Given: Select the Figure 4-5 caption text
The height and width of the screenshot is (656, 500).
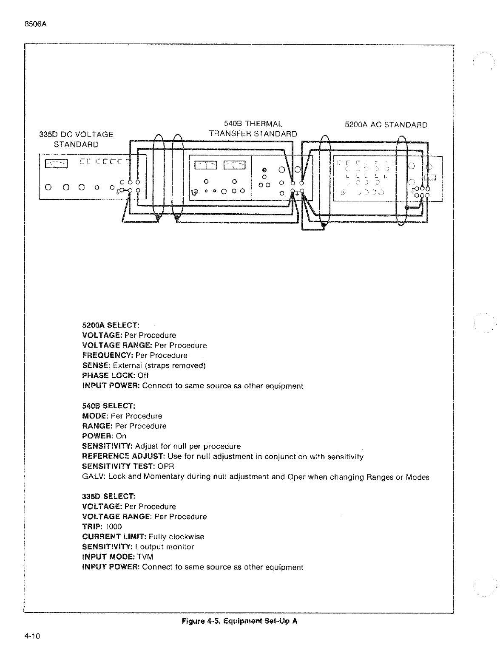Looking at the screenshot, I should [x=239, y=621].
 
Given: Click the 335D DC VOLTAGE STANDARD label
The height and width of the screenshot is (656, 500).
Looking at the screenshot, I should [x=76, y=139].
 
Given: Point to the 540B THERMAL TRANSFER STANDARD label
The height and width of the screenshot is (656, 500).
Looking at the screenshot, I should [x=253, y=129].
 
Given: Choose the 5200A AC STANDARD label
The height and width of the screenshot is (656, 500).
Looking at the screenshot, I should [x=386, y=125].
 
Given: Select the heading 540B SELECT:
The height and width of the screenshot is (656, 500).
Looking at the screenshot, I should [x=108, y=406].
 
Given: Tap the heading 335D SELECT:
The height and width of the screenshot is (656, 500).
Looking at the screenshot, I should [x=108, y=496].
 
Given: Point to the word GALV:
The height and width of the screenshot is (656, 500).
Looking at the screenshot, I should [x=94, y=477].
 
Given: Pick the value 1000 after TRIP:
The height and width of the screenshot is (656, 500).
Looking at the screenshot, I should [x=114, y=526].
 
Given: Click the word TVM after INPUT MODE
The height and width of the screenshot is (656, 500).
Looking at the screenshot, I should [x=145, y=557].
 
